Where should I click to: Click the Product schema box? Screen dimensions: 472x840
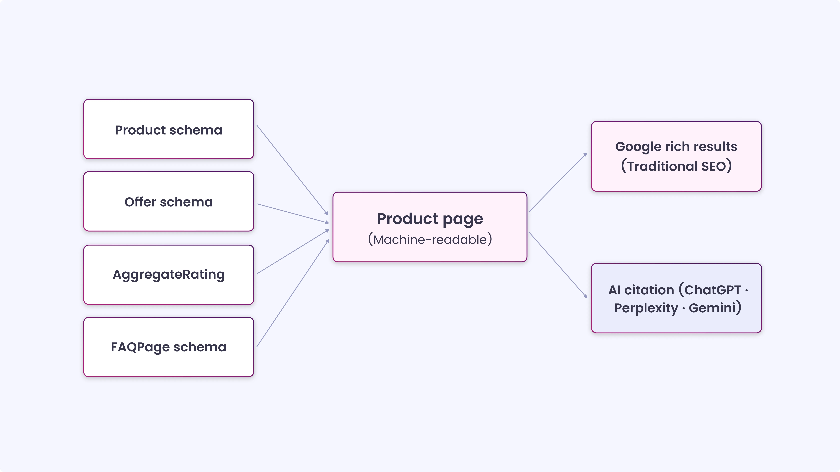[x=169, y=129]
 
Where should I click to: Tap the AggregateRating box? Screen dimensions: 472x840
[x=169, y=275]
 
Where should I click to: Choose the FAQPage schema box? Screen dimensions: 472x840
[x=169, y=347]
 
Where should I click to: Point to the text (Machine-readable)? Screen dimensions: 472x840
[x=430, y=240]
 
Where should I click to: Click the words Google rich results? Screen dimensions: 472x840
[x=676, y=147]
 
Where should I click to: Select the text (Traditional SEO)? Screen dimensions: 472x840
[x=676, y=166]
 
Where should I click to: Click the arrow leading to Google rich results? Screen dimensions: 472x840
[x=558, y=182]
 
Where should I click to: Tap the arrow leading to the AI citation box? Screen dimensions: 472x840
[x=558, y=265]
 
